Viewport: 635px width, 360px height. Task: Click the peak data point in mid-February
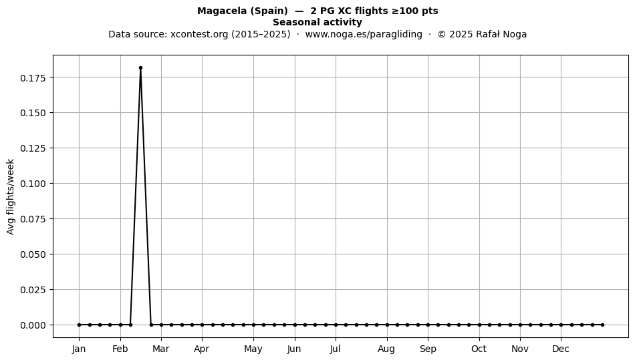tap(140, 68)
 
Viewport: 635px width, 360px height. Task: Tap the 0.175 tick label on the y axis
tap(33, 77)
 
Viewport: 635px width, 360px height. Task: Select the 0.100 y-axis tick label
tap(33, 184)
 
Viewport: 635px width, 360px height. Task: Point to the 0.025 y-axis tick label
tap(33, 290)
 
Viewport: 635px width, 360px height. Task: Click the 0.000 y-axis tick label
tap(33, 325)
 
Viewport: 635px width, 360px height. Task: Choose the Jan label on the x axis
tap(79, 349)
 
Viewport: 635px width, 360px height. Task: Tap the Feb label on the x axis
tap(120, 349)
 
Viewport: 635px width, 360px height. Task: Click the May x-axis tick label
tap(253, 349)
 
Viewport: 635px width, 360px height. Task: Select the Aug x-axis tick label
tap(387, 349)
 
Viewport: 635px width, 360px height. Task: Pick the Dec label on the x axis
tap(561, 349)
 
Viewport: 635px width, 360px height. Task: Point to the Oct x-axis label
tap(479, 349)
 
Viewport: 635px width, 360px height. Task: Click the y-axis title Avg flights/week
tap(11, 196)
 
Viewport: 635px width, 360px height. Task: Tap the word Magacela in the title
tap(222, 11)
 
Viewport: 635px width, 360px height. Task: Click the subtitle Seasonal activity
tap(317, 22)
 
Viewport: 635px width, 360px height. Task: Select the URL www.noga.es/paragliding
tap(364, 34)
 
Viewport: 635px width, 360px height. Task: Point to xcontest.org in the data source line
tap(199, 34)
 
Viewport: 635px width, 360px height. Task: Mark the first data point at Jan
tap(79, 325)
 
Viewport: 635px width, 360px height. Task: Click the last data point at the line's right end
tap(603, 325)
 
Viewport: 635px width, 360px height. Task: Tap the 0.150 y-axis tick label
tap(33, 113)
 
